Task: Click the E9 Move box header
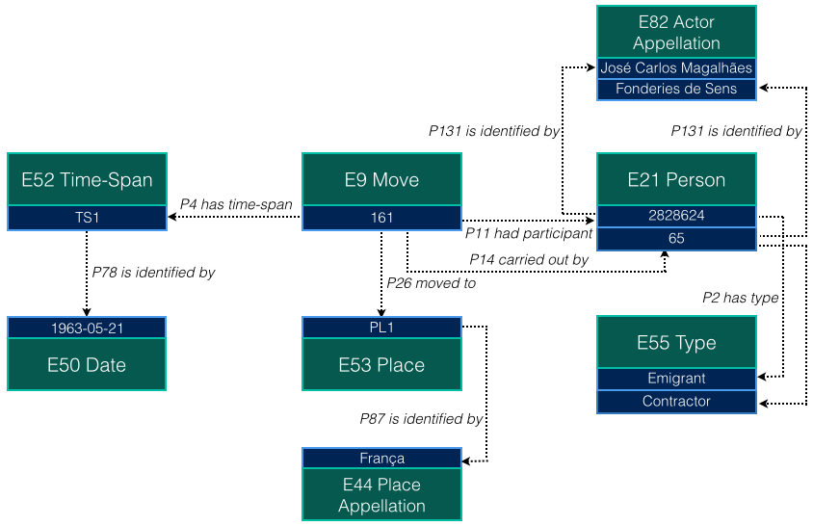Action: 381,179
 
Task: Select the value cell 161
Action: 381,218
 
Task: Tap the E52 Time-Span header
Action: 87,179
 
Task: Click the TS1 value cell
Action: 87,218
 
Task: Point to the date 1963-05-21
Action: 87,328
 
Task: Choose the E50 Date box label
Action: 87,364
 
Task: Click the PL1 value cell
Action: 381,328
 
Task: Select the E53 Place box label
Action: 381,364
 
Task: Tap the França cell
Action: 381,459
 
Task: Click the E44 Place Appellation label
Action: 381,494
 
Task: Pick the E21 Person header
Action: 676,179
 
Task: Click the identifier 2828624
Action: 676,216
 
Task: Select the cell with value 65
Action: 676,238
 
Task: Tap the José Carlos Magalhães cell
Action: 676,67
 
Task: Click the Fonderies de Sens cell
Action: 676,89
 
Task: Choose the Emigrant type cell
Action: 676,379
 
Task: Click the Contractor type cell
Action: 676,401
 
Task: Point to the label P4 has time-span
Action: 236,203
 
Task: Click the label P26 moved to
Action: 431,283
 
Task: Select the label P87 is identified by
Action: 421,419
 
